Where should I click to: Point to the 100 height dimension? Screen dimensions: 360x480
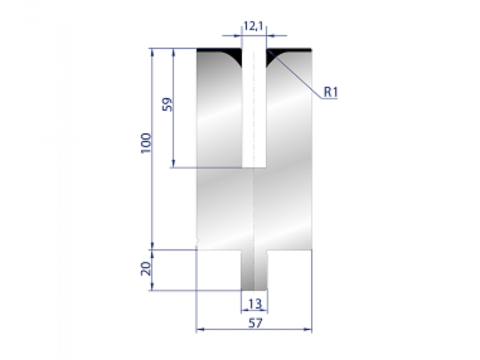click(x=146, y=142)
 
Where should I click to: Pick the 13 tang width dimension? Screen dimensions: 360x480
click(x=255, y=304)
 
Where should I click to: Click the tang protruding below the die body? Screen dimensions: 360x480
click(x=254, y=270)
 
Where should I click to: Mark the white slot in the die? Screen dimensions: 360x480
click(x=254, y=108)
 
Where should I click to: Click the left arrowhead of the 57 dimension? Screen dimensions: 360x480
click(x=199, y=330)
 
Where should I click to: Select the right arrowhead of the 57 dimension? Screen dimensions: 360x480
click(x=309, y=330)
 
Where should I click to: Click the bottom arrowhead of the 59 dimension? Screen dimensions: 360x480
click(x=174, y=164)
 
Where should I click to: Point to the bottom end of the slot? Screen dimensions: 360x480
click(x=254, y=166)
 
